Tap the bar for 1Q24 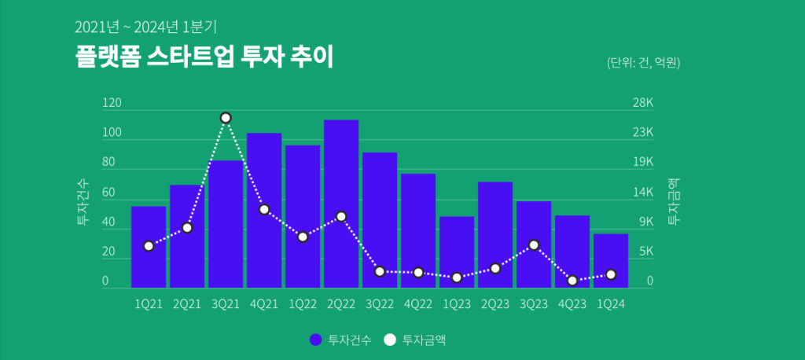coord(611,260)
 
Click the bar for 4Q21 coord(264,210)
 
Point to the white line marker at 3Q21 coord(226,118)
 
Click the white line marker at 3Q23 coord(534,245)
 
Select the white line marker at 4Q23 coord(572,281)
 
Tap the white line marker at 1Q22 coord(303,237)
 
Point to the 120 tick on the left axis coord(112,103)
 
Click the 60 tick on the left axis coord(108,193)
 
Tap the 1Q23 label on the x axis coord(456,304)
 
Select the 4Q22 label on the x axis coord(417,304)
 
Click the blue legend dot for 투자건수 coord(315,340)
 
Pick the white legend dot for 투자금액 coord(390,340)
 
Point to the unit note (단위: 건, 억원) coord(643,63)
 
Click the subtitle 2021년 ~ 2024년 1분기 coord(145,28)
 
